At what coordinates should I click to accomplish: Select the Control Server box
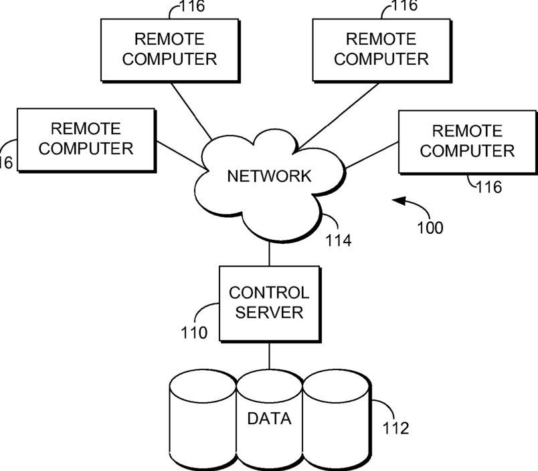click(270, 304)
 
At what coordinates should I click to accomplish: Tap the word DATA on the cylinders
click(270, 419)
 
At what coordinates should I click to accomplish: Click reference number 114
click(339, 241)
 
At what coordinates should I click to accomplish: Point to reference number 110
click(194, 333)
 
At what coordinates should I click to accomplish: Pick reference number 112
click(396, 428)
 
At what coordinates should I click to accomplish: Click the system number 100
click(430, 228)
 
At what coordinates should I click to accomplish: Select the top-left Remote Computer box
click(171, 51)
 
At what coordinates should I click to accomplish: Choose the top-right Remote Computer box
click(382, 51)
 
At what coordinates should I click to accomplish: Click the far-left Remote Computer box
click(87, 140)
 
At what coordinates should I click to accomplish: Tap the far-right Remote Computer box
click(468, 142)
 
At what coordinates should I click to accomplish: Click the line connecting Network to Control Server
click(270, 254)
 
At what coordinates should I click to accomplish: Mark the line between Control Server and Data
click(270, 356)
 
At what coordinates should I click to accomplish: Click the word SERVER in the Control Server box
click(270, 313)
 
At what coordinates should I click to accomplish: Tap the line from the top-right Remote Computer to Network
click(339, 116)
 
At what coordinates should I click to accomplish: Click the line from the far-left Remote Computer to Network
click(181, 155)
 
